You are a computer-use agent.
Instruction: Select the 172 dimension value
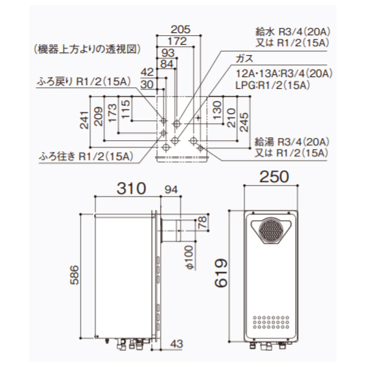tap(174, 41)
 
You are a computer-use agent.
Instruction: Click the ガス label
tap(236, 59)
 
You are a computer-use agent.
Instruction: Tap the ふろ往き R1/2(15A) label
tap(86, 155)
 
